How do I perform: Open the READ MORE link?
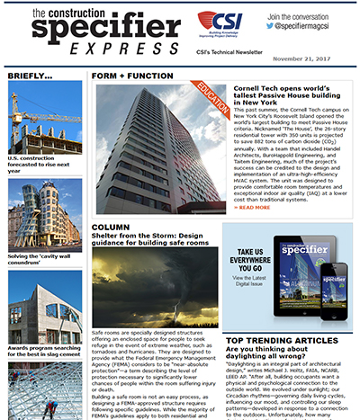click(x=255, y=207)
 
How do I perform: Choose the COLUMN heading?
click(x=111, y=228)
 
